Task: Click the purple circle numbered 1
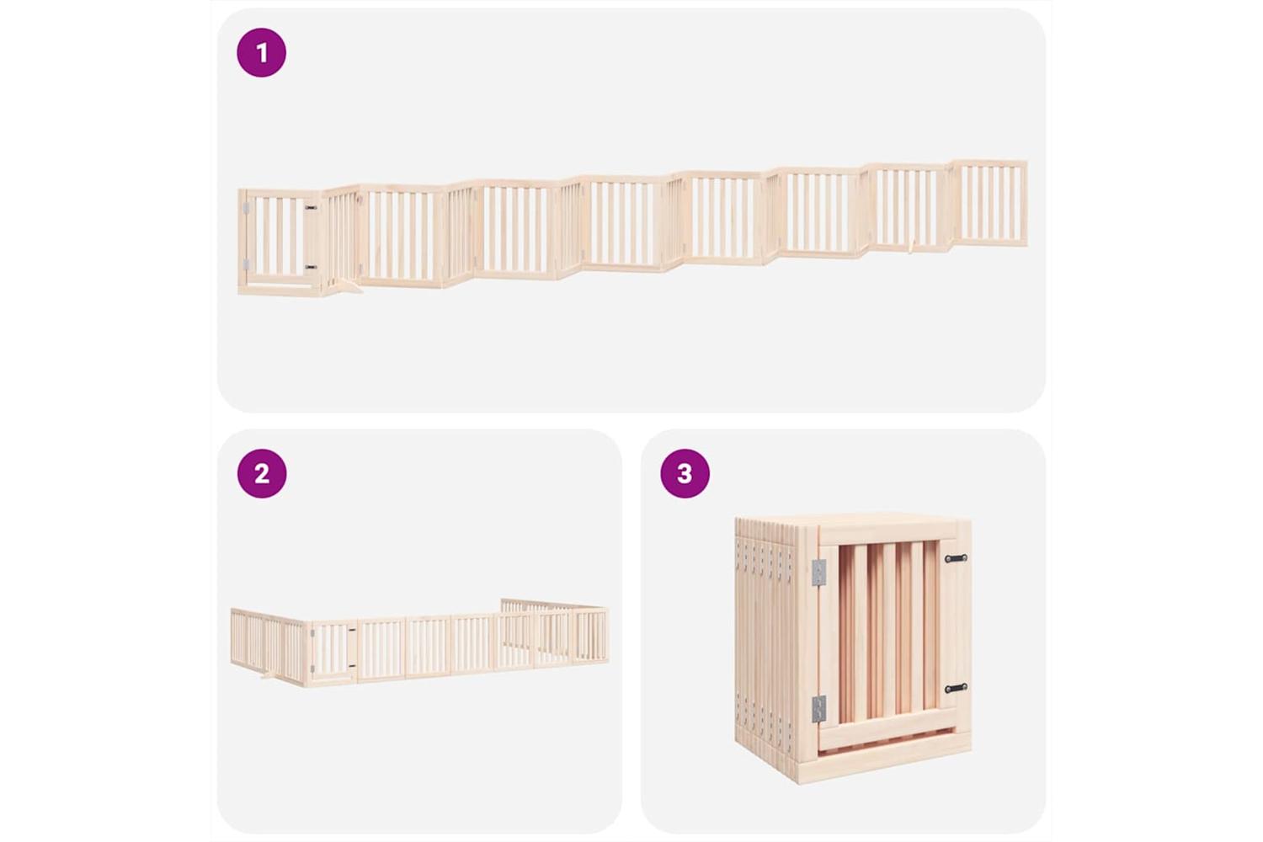coord(261,52)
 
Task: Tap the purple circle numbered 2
coord(262,473)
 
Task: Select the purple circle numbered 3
coord(685,473)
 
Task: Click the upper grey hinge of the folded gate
coord(818,572)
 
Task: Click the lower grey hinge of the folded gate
coord(818,709)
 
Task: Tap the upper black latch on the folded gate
coord(956,558)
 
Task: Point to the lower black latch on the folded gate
coord(956,688)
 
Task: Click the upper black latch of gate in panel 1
coord(311,207)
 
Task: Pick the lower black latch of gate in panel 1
coord(311,267)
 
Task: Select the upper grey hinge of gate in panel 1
coord(246,209)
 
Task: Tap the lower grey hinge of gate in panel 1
coord(246,264)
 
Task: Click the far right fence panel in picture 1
coord(989,203)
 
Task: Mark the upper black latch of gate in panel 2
coord(352,630)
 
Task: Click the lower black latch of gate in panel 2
coord(352,667)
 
